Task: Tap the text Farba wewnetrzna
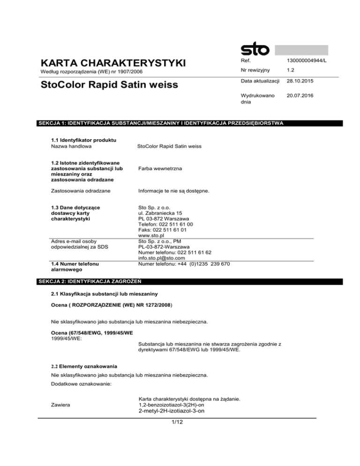[160, 165]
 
